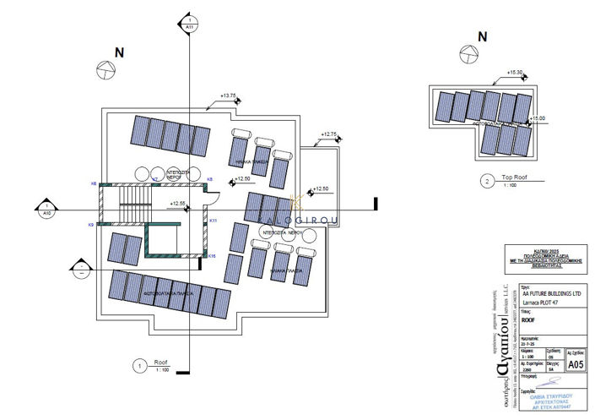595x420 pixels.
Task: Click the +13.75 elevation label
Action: click(227, 96)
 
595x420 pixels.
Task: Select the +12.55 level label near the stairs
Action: click(178, 204)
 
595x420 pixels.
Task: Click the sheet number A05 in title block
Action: click(576, 364)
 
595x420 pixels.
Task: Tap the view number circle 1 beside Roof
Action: click(137, 365)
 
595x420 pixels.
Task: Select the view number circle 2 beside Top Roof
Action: click(485, 180)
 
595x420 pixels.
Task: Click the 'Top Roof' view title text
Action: click(514, 177)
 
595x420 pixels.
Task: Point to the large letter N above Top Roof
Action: click(482, 36)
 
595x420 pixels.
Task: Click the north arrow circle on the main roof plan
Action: click(105, 70)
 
